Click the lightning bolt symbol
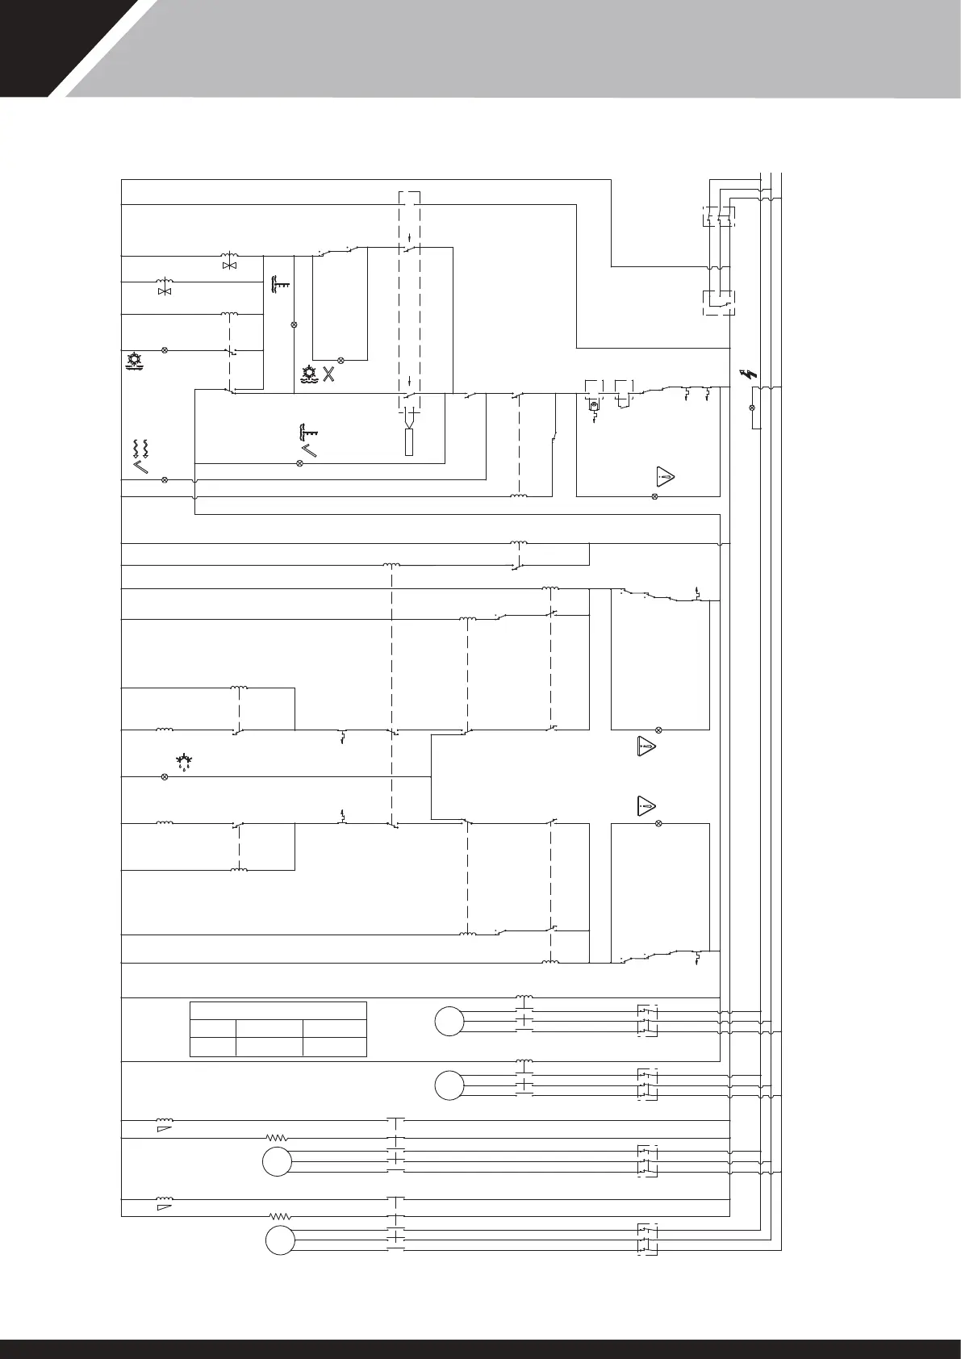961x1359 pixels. click(748, 374)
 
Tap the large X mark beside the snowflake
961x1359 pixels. click(328, 374)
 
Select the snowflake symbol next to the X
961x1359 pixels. click(308, 374)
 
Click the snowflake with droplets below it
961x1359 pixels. click(184, 760)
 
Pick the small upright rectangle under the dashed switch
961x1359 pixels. click(409, 442)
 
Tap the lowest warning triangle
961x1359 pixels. click(645, 805)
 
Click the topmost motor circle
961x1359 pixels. click(449, 1021)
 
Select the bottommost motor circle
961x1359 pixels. click(280, 1262)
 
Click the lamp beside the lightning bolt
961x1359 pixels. click(753, 408)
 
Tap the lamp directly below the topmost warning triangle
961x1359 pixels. click(654, 496)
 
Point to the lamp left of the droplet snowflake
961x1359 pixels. click(165, 776)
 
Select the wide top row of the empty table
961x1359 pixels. click(278, 1011)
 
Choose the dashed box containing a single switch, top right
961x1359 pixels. click(718, 303)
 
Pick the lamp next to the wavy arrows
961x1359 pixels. click(165, 480)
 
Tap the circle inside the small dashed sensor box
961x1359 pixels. click(593, 406)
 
